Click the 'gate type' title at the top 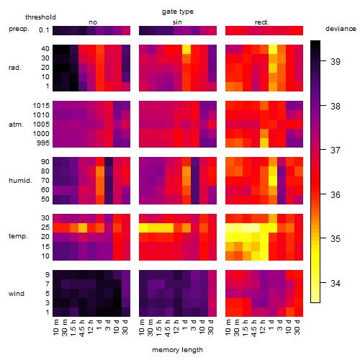[x=178, y=12]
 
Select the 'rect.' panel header [x=261, y=22]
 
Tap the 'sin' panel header [x=177, y=22]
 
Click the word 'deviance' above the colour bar [x=341, y=29]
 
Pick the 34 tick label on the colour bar [x=336, y=284]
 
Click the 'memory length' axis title [x=177, y=350]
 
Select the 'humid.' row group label [x=20, y=181]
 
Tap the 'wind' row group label [x=17, y=294]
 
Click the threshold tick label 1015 [x=41, y=106]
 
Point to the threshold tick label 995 [x=43, y=143]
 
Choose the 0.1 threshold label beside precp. [x=44, y=30]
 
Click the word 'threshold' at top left [x=40, y=17]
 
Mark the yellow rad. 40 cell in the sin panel [x=186, y=49]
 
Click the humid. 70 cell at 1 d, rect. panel [x=273, y=181]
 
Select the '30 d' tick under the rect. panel [x=297, y=327]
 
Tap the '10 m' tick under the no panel [x=55, y=327]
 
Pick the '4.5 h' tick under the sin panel [x=168, y=328]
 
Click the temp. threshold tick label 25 [x=45, y=228]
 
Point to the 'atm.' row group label [x=16, y=125]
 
